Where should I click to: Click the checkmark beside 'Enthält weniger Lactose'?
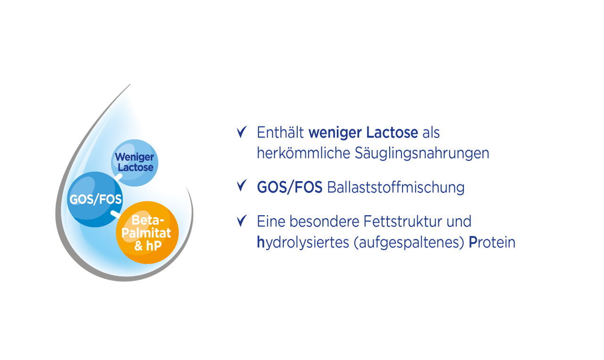point(242,132)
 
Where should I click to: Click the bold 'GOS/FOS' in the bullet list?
point(289,188)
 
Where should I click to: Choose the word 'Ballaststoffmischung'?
point(396,188)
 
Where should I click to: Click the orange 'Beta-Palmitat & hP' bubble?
point(147,232)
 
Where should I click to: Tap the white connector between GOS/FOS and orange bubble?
point(115,215)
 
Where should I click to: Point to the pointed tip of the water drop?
point(129,85)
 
